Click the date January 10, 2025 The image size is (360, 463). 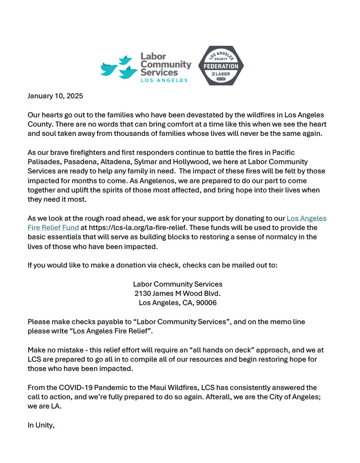(x=55, y=96)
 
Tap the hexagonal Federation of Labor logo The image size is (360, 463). (x=221, y=65)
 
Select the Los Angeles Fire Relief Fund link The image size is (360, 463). (x=177, y=222)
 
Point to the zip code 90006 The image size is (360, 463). (x=206, y=302)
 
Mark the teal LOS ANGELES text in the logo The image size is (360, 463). (x=164, y=81)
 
